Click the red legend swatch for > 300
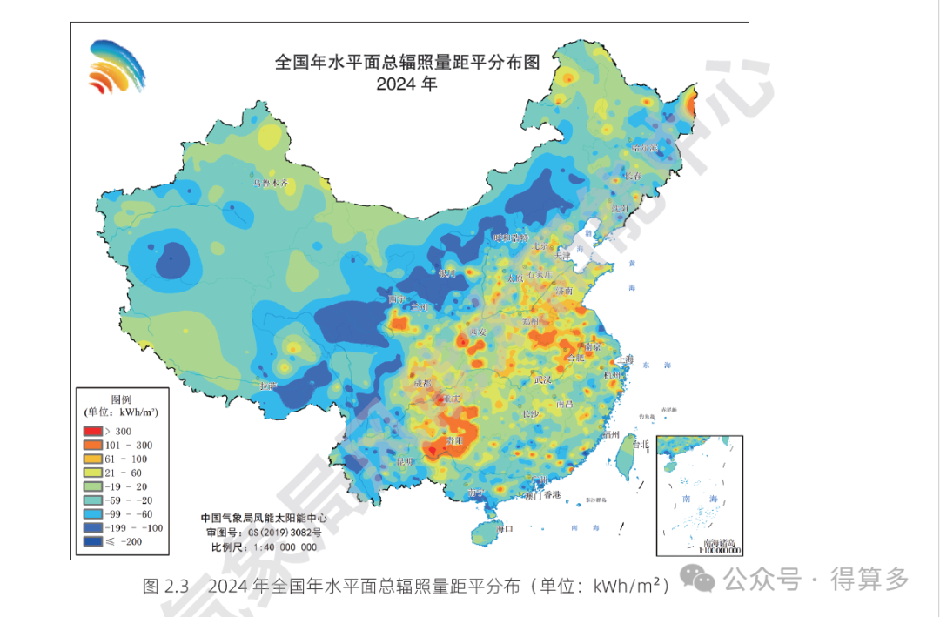tap(93, 431)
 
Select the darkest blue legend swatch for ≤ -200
tap(93, 541)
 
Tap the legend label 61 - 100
tap(126, 459)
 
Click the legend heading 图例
tap(120, 399)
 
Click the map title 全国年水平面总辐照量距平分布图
tap(407, 64)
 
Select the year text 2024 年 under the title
tap(406, 85)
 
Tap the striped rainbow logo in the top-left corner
tap(117, 66)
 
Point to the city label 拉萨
tap(267, 385)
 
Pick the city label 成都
tap(422, 382)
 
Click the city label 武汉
tap(544, 379)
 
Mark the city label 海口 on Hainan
tap(506, 528)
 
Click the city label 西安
tap(478, 332)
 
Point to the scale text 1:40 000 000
tap(288, 547)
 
